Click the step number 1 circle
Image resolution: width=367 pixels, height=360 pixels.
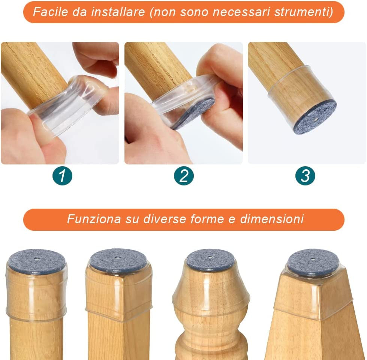pos(62,176)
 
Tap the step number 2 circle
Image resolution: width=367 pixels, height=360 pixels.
pos(184,176)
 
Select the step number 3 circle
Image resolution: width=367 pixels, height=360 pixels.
pos(305,176)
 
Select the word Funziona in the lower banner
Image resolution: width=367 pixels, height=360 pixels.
pos(94,219)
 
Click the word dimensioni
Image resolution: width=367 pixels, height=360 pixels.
pos(272,219)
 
